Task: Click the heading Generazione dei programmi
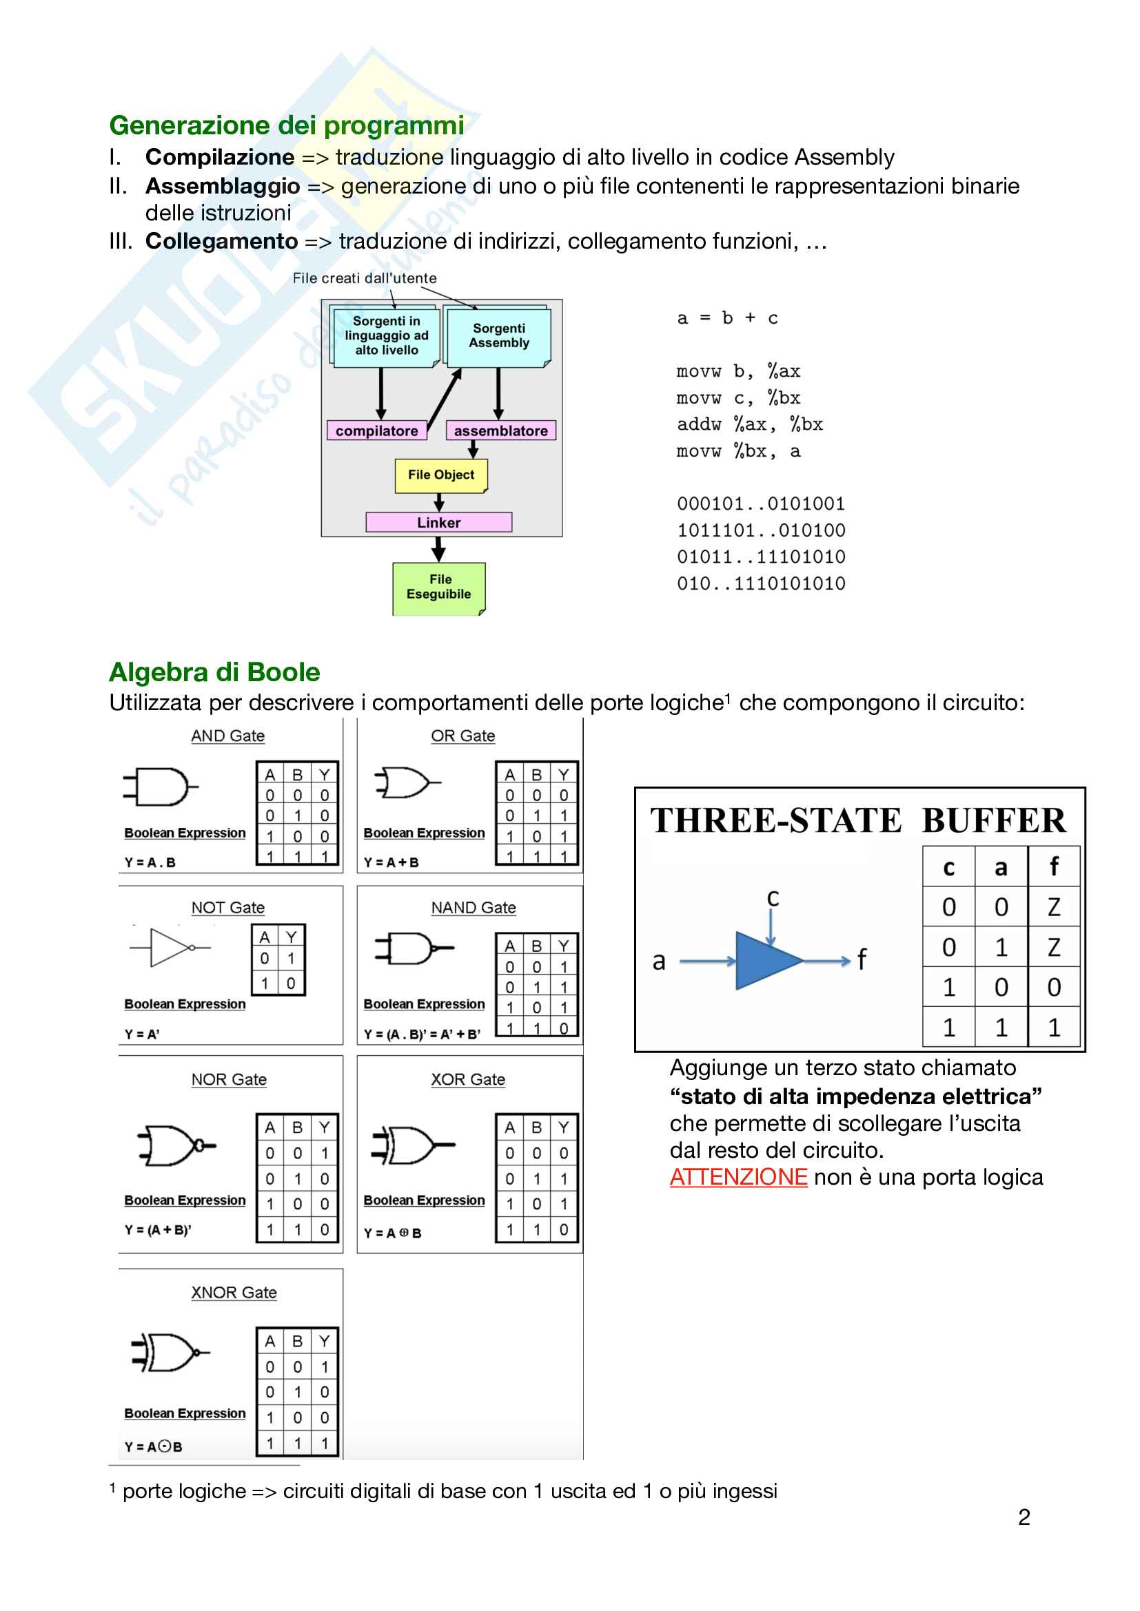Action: click(287, 125)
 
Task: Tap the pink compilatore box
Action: click(377, 430)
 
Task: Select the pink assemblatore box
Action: click(500, 430)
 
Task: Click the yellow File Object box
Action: click(441, 475)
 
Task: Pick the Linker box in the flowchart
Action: click(439, 522)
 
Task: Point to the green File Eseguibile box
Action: click(439, 588)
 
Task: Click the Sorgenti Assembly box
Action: click(498, 336)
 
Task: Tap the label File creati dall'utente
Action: click(365, 278)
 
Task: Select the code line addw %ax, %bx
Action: click(749, 424)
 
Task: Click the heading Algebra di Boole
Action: click(215, 672)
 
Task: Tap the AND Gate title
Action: click(228, 736)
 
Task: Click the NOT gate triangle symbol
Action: click(169, 947)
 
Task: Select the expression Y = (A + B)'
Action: click(158, 1229)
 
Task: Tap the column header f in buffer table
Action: click(1053, 867)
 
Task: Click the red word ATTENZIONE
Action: click(738, 1176)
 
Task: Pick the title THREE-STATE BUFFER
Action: click(858, 820)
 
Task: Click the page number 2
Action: click(1024, 1517)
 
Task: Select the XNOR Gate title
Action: click(234, 1292)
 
